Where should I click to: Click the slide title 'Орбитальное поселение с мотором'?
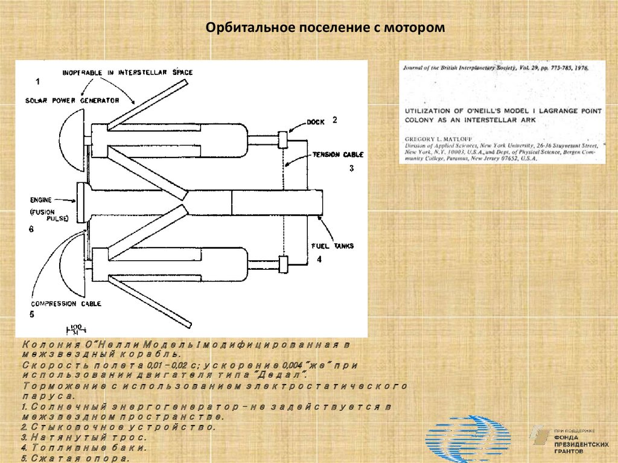click(x=325, y=28)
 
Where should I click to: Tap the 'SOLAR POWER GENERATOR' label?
click(x=72, y=100)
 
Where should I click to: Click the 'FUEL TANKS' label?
click(x=332, y=246)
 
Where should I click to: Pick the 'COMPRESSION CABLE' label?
click(x=65, y=304)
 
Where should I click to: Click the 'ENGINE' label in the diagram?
click(x=41, y=199)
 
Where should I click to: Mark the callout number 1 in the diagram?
click(x=38, y=81)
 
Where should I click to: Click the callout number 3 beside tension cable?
click(x=351, y=168)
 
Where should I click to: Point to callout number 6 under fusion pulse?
click(x=31, y=229)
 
